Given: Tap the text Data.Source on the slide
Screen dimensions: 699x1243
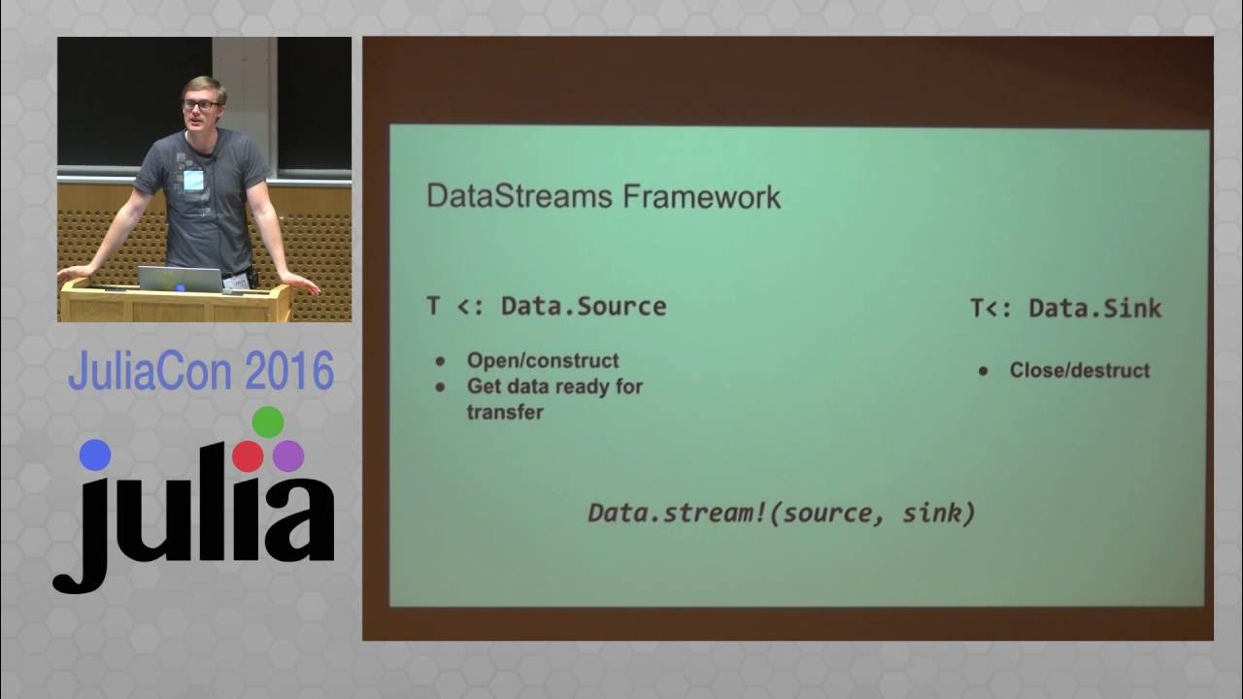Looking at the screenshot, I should click(583, 307).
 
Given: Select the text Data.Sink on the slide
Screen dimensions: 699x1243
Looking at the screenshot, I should click(1094, 309).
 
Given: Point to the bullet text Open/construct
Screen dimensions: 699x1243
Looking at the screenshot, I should click(542, 360).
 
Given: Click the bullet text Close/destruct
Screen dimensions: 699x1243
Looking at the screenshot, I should click(1079, 370).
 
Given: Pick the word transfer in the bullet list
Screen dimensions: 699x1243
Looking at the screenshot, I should click(504, 412).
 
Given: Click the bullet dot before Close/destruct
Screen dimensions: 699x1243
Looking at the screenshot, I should click(984, 371).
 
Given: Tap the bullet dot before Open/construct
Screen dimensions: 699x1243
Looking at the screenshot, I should click(440, 361).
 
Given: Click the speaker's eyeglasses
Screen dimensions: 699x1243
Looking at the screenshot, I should click(201, 104).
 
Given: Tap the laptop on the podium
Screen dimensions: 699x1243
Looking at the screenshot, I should click(181, 279).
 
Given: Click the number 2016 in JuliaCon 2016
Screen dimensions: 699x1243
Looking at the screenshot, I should click(288, 372).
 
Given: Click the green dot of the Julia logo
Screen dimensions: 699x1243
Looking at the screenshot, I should click(267, 422).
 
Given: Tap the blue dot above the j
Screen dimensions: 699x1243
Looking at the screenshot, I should click(95, 455).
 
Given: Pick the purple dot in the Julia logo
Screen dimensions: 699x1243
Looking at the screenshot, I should click(288, 455).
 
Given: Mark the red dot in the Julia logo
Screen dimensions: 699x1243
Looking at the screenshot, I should click(248, 456).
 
